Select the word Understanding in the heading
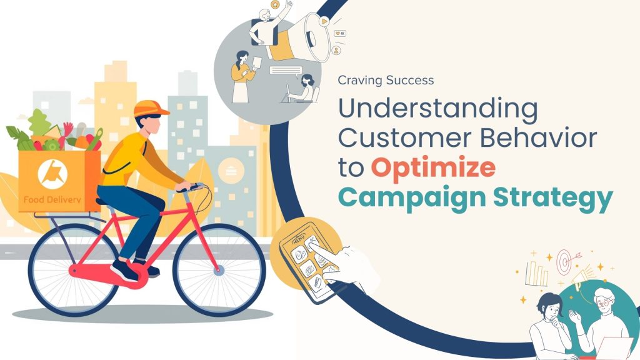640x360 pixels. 437,109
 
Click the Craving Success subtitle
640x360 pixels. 385,80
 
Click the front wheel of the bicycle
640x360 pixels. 219,270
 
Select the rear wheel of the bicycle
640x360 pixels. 74,270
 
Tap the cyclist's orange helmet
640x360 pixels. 151,107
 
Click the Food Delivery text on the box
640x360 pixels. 51,201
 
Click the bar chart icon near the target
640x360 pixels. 536,273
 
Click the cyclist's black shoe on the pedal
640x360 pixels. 124,271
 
